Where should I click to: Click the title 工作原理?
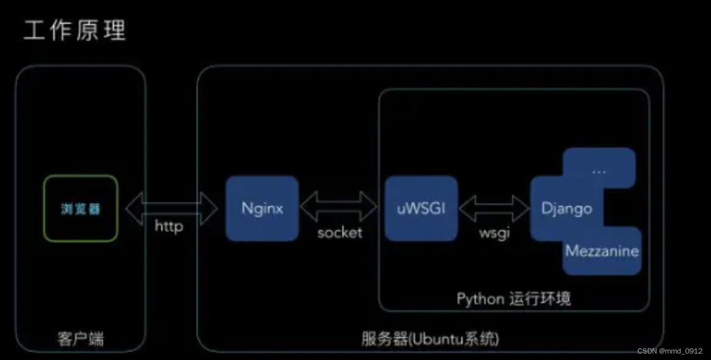pos(75,31)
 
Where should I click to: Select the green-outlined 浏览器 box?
pos(81,209)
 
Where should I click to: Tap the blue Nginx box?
pos(262,209)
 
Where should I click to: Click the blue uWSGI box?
pos(421,209)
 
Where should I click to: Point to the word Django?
pos(566,209)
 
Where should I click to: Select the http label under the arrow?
pos(169,226)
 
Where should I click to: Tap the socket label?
pos(340,233)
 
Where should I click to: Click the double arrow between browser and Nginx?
pos(171,208)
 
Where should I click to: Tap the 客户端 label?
pos(81,339)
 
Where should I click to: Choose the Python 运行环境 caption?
pos(513,299)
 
